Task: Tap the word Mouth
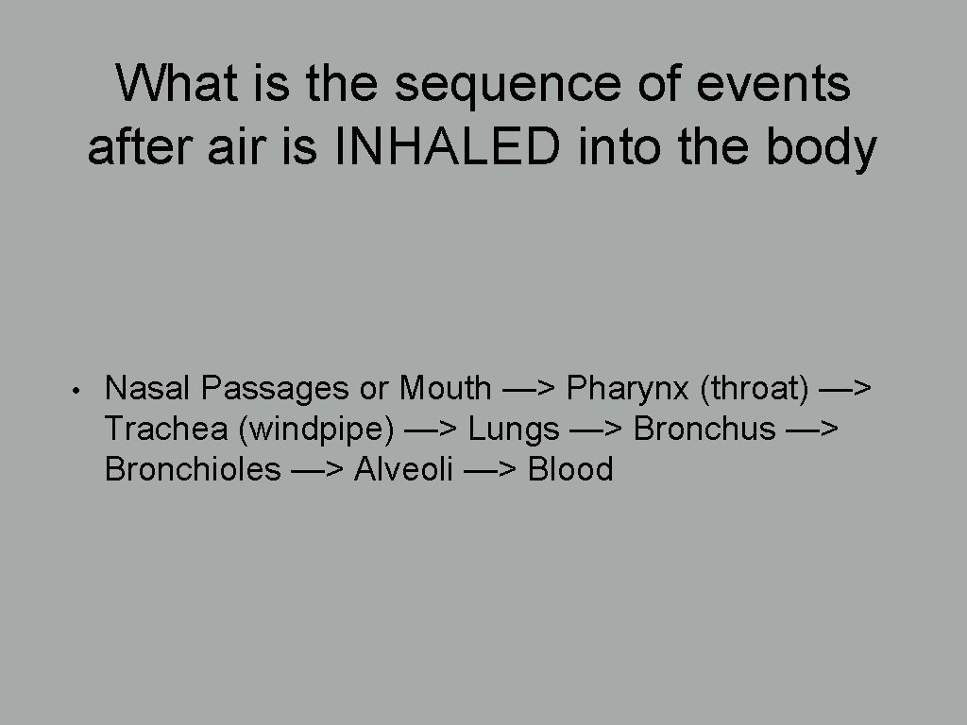click(445, 388)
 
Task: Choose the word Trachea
click(167, 429)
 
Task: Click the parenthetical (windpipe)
click(317, 429)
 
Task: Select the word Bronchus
click(704, 429)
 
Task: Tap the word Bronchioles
click(193, 469)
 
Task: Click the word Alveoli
click(403, 469)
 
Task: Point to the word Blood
click(570, 469)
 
